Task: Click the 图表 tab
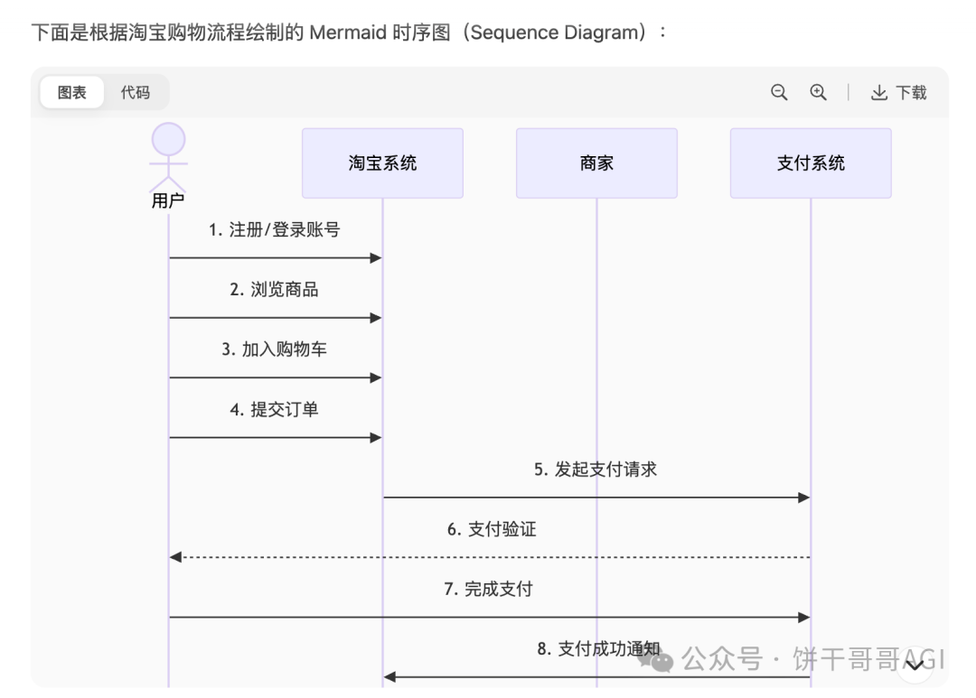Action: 72,92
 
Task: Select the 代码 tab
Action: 136,92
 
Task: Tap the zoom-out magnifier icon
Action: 779,92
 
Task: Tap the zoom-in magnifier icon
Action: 819,92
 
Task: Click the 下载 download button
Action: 899,92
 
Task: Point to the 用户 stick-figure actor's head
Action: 168,140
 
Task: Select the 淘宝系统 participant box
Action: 382,163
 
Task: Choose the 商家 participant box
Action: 596,163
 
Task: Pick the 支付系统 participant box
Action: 811,163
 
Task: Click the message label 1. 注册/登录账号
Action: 275,230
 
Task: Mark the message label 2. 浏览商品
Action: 275,290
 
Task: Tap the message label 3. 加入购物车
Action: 275,349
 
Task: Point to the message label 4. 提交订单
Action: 275,410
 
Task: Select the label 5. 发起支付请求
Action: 596,470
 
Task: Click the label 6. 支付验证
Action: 492,529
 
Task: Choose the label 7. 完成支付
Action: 489,590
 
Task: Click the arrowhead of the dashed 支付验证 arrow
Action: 175,557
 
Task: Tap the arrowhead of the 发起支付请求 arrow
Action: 802,498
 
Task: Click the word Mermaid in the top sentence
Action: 345,33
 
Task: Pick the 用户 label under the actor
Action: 168,201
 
